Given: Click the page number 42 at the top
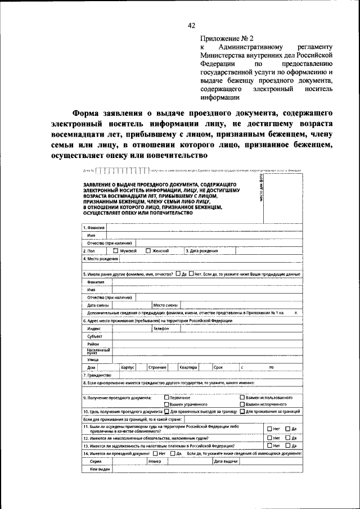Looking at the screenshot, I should pyautogui.click(x=191, y=25).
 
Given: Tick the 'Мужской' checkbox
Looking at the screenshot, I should pyautogui.click(x=115, y=251).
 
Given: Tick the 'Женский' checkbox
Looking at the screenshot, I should pyautogui.click(x=148, y=251).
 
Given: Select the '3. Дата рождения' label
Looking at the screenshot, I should pyautogui.click(x=202, y=251).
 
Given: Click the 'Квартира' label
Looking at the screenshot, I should pyautogui.click(x=188, y=367).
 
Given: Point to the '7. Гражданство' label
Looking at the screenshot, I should pyautogui.click(x=97, y=375).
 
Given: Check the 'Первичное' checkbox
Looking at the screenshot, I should pyautogui.click(x=166, y=398).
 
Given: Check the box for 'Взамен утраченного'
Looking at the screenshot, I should pyautogui.click(x=166, y=404).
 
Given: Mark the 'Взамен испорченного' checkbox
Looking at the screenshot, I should pyautogui.click(x=242, y=404).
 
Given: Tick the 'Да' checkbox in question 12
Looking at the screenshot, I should pyautogui.click(x=287, y=438).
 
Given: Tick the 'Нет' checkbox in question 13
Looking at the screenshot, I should pyautogui.click(x=269, y=445).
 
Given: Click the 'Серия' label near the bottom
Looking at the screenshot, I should pyautogui.click(x=96, y=461).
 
